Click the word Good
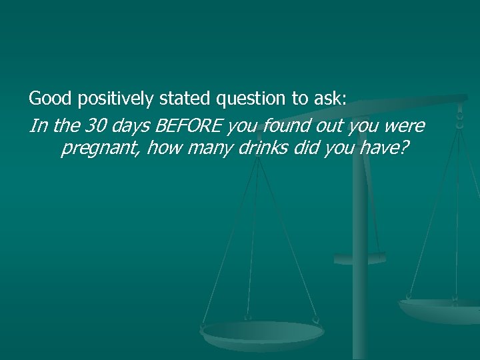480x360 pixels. click(51, 99)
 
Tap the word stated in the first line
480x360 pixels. click(185, 99)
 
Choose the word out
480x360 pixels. click(329, 125)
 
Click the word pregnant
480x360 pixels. click(100, 149)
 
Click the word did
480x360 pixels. click(303, 147)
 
